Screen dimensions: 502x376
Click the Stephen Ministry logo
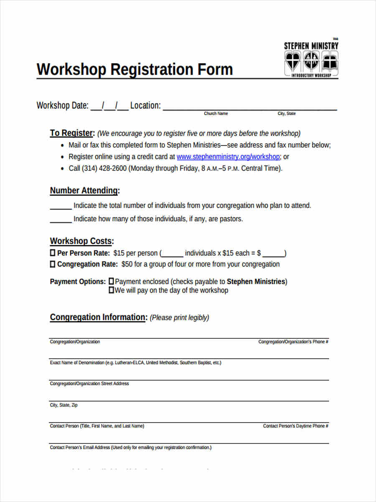[x=311, y=59]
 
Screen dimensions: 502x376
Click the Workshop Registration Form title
[x=135, y=69]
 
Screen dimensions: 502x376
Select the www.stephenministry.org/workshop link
[x=228, y=157]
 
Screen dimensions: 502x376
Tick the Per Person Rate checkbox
[x=53, y=253]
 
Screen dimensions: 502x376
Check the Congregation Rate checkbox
[x=53, y=264]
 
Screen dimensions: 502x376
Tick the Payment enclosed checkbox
[x=111, y=282]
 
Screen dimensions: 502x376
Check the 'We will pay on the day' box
[x=111, y=290]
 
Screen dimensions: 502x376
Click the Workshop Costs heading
[x=82, y=241]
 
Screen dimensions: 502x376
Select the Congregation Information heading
[x=99, y=318]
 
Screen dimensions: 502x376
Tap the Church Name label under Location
[x=216, y=114]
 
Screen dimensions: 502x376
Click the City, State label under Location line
[x=287, y=114]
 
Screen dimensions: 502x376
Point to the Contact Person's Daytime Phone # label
[x=295, y=426]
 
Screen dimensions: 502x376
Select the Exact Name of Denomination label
[x=135, y=363]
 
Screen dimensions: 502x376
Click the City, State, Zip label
[x=64, y=405]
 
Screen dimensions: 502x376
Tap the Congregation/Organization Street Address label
[x=89, y=384]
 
